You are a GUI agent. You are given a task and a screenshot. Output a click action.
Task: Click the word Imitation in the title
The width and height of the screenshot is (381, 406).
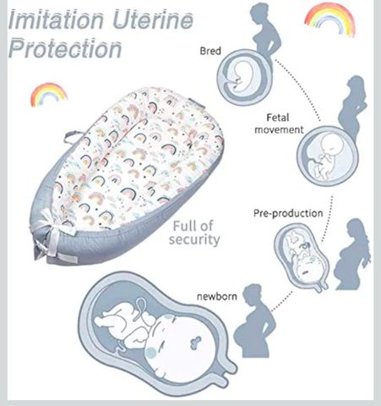pos(56,19)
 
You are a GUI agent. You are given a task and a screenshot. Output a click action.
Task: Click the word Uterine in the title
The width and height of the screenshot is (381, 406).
pos(153,19)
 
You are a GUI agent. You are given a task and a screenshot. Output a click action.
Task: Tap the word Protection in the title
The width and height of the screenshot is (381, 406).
pos(65,48)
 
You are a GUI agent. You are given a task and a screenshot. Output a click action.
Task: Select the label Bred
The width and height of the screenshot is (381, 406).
pos(210,51)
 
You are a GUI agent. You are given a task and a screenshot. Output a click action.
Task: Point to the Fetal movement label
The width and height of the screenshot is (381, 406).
pos(279,123)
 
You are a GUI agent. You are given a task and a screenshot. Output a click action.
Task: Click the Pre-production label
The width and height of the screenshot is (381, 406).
pos(288,213)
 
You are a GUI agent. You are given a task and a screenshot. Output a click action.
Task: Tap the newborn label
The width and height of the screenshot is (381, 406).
pos(217,296)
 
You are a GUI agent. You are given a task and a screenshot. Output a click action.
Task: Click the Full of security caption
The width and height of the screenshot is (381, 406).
pos(194,233)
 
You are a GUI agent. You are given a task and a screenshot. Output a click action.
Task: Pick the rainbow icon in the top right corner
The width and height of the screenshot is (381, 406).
pos(329,19)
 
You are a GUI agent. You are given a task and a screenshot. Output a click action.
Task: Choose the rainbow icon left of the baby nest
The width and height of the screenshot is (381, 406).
pos(48,94)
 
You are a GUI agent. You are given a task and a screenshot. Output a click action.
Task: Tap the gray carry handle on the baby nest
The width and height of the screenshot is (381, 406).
pos(72,136)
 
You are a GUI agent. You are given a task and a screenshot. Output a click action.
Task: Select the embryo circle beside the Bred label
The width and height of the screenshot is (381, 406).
pos(245,77)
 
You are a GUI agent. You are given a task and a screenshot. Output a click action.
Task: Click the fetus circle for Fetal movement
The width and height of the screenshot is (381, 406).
pos(328,156)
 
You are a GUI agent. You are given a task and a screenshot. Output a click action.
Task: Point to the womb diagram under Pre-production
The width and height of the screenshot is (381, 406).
pos(302,257)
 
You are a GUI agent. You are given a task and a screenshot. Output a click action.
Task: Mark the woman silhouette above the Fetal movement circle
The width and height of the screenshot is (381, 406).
pos(352,107)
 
